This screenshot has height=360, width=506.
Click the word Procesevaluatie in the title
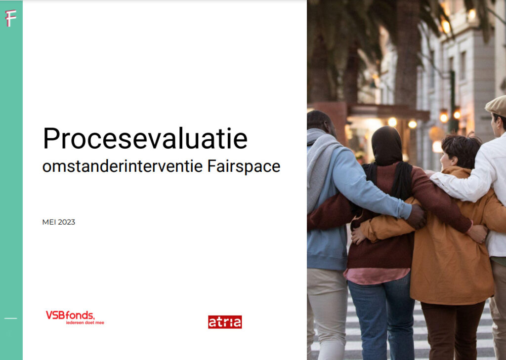point(145,139)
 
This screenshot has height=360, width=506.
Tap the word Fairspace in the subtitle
point(244,166)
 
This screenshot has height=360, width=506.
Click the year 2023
point(67,222)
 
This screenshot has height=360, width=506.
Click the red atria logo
point(225,322)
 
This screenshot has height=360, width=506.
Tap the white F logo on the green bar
point(10,19)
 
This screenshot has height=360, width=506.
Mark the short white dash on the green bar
point(10,318)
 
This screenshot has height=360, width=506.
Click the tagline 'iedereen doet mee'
point(85,322)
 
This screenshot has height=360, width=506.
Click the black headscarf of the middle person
point(387,148)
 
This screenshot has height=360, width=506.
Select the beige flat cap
point(497,105)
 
